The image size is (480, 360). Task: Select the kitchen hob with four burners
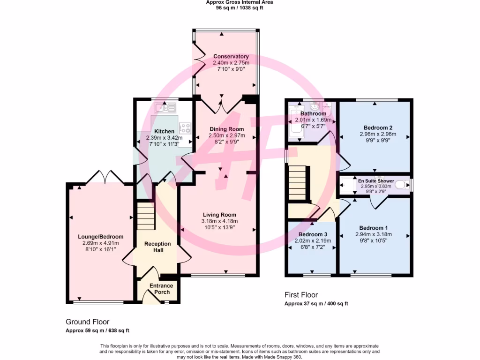tap(185, 127)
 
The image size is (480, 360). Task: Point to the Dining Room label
tap(226, 129)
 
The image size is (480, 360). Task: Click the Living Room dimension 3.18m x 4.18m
tap(219, 221)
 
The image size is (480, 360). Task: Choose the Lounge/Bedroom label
tap(100, 237)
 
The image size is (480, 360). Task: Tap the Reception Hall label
tap(157, 244)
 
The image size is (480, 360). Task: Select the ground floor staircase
tap(146, 216)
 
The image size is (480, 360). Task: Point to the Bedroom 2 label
tap(378, 127)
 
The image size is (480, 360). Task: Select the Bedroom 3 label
tap(313, 234)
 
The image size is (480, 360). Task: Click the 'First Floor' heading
tap(301, 295)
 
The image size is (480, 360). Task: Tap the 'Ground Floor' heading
tap(87, 322)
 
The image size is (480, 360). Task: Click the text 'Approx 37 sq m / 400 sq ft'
tap(316, 304)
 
